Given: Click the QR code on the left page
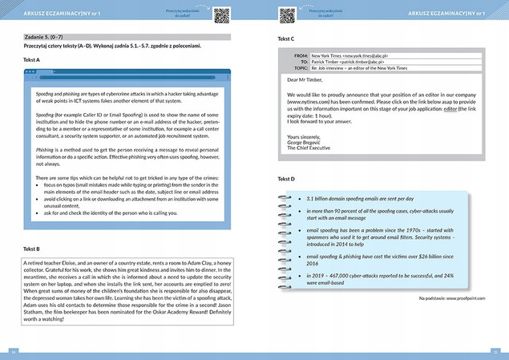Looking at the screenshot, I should (222, 14).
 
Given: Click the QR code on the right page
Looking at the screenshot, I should (287, 14).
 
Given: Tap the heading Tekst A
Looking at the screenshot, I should (32, 60).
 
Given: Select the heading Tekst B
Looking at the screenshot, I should (32, 249).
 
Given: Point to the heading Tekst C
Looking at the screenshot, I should (285, 38).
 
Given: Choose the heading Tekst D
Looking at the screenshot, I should (285, 178).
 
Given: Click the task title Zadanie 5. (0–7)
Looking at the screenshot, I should (46, 37).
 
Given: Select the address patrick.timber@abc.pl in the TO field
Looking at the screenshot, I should (348, 62).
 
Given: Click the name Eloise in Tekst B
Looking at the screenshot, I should (71, 262).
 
